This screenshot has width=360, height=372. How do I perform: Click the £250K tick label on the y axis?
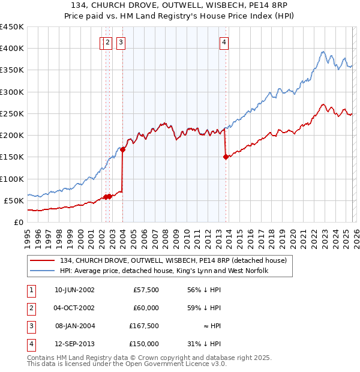[12, 113]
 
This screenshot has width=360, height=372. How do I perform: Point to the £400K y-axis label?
[12, 49]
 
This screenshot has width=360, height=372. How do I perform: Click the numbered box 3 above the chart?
[121, 42]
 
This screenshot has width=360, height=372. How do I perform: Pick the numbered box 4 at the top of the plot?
[223, 42]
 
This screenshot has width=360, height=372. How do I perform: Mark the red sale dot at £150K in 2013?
[226, 157]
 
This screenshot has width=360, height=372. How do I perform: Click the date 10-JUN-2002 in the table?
[74, 290]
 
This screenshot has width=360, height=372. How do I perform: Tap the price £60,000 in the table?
[146, 308]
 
